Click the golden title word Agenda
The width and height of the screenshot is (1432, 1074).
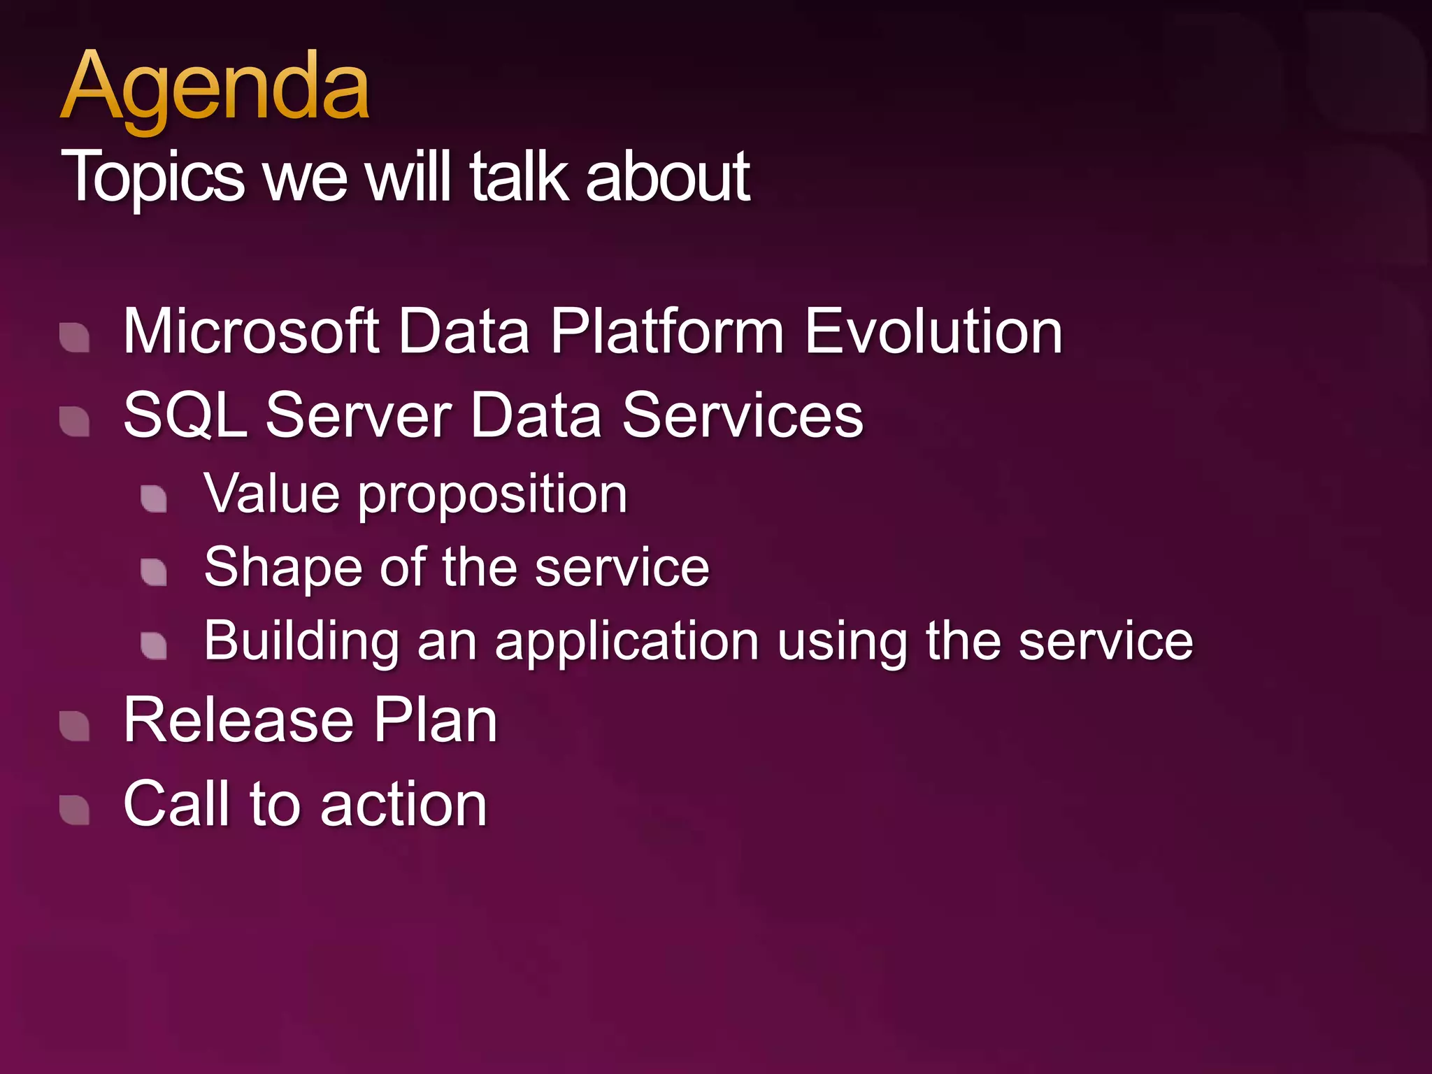click(215, 89)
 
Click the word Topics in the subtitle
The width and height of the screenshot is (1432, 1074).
click(153, 178)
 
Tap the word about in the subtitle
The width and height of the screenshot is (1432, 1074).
click(667, 178)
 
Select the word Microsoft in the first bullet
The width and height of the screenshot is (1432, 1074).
click(251, 331)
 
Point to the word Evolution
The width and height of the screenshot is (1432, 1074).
click(933, 331)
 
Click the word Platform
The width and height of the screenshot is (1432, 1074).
click(666, 331)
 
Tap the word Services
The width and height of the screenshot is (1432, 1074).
click(743, 415)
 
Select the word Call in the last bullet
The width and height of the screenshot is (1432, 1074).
click(176, 804)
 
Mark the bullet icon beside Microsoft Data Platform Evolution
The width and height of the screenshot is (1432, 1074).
click(75, 338)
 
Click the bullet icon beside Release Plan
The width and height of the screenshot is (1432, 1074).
click(75, 726)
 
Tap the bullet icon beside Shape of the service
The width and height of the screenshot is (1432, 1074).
click(154, 572)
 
